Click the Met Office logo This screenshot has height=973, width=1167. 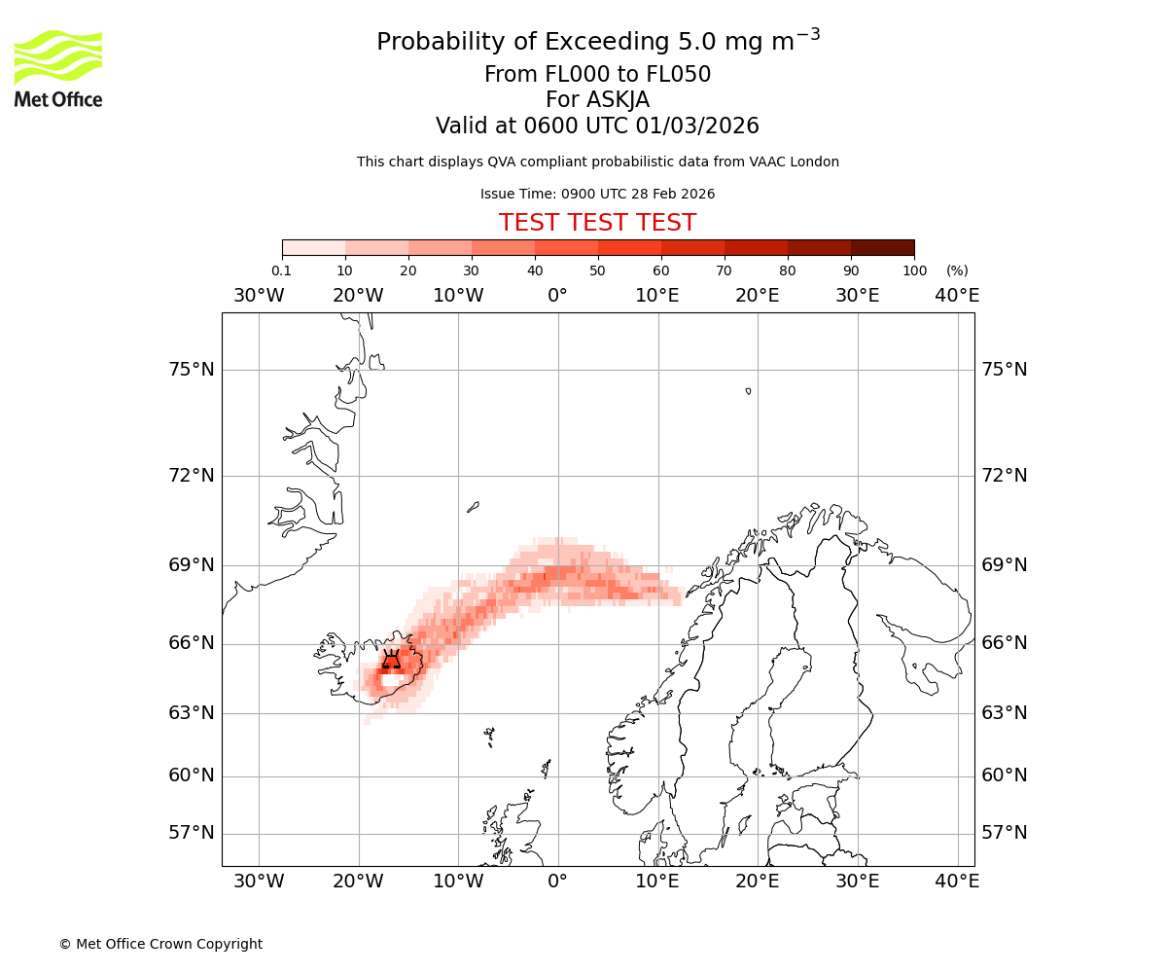(58, 68)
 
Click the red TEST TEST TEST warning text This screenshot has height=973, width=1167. (597, 223)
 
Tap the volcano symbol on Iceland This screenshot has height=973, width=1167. (391, 660)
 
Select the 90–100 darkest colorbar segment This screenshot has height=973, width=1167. (882, 247)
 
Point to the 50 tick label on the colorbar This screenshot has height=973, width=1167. (597, 270)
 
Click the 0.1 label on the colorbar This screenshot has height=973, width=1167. (281, 270)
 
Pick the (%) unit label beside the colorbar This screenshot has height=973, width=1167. (957, 270)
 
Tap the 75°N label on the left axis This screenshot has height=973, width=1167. (190, 370)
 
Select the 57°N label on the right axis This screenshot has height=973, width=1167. (1005, 833)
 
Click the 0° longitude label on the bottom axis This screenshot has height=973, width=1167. (557, 882)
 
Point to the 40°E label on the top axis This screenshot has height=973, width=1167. (957, 295)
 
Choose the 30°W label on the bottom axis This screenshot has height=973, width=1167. (259, 882)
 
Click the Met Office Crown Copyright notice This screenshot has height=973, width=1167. (160, 944)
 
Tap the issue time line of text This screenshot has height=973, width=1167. (597, 194)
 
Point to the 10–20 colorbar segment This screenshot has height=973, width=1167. (376, 247)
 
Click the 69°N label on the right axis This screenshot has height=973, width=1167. (1005, 565)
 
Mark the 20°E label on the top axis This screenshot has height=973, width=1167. (757, 295)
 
